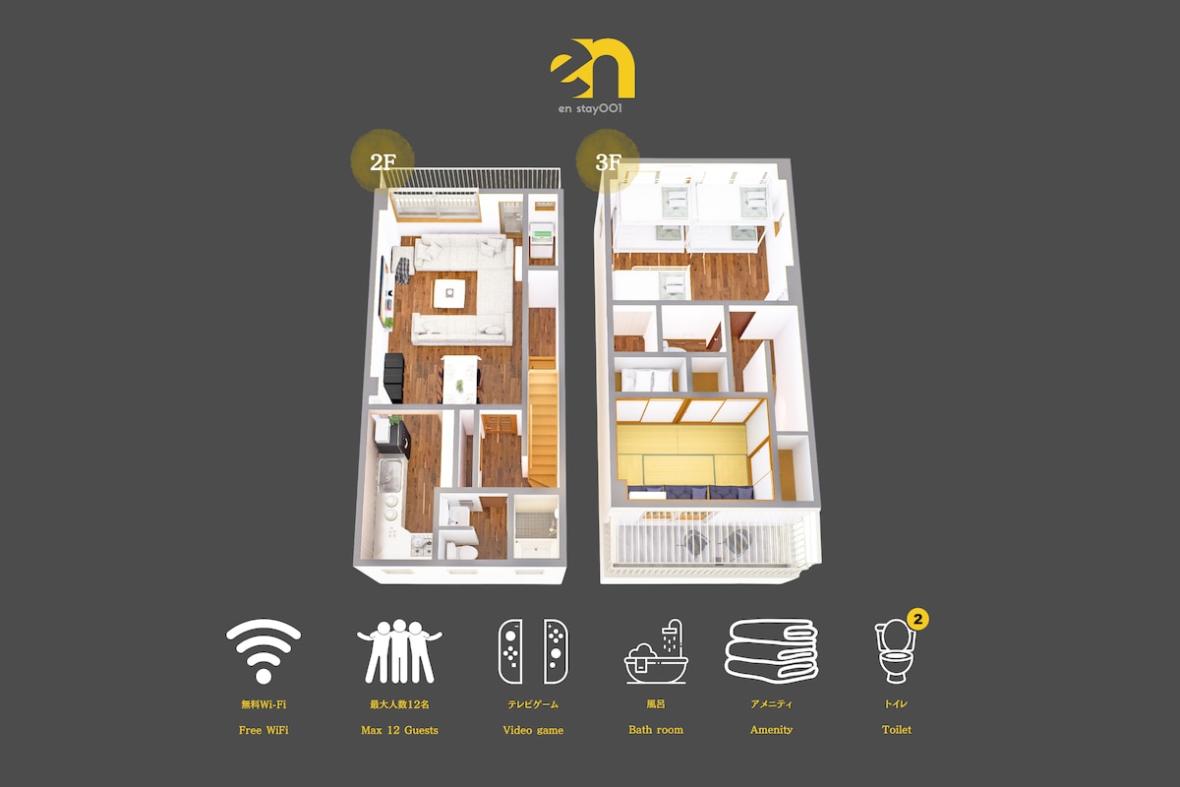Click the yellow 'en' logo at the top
click(593, 69)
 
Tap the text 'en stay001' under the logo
click(590, 108)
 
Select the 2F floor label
click(383, 162)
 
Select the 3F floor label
click(608, 162)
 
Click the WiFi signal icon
click(264, 651)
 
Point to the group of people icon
click(399, 651)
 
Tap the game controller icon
click(533, 651)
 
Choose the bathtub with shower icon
click(656, 652)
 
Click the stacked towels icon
click(771, 651)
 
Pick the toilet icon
click(895, 652)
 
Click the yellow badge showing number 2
click(917, 619)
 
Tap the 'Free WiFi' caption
click(264, 730)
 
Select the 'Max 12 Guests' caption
click(399, 730)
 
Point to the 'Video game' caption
click(533, 730)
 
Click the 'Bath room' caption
click(656, 730)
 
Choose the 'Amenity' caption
click(771, 730)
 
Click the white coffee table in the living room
click(449, 293)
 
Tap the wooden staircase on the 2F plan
click(543, 422)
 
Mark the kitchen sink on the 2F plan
click(389, 474)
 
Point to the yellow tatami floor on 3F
click(682, 454)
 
